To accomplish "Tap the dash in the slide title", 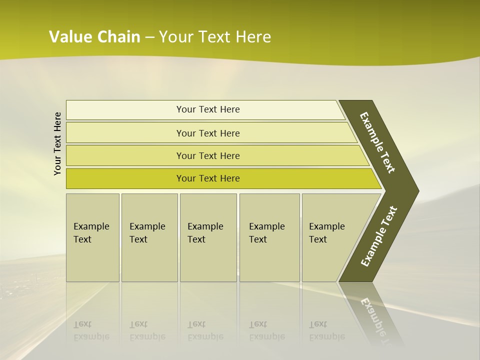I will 149,37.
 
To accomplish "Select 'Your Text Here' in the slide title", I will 215,37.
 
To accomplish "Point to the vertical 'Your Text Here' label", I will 57,143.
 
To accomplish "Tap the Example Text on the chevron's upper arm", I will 377,142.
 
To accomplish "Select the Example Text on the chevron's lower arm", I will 378,236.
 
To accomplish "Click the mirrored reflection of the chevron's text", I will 377,320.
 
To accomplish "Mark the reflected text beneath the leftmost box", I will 91,331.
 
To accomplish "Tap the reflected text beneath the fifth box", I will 326,331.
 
